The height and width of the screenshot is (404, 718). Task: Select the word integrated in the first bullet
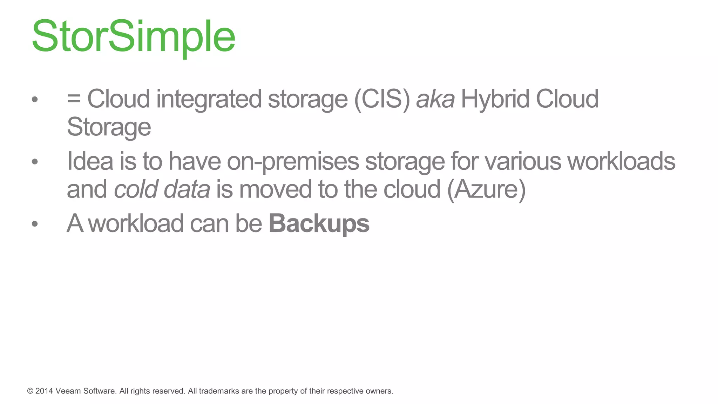(209, 99)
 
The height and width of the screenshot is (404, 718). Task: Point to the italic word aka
(435, 99)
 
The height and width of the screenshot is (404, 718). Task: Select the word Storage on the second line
(109, 127)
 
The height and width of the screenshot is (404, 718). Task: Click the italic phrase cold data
(162, 189)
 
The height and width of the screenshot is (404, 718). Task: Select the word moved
(275, 189)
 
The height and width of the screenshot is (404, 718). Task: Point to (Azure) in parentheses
(487, 189)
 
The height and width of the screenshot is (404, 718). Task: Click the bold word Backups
(319, 223)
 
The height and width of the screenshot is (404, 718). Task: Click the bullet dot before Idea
(34, 162)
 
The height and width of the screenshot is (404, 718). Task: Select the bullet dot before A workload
(34, 224)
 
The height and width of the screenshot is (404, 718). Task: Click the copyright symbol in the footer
(30, 391)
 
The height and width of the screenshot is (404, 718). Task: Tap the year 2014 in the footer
(44, 391)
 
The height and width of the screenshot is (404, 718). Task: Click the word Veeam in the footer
(68, 391)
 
